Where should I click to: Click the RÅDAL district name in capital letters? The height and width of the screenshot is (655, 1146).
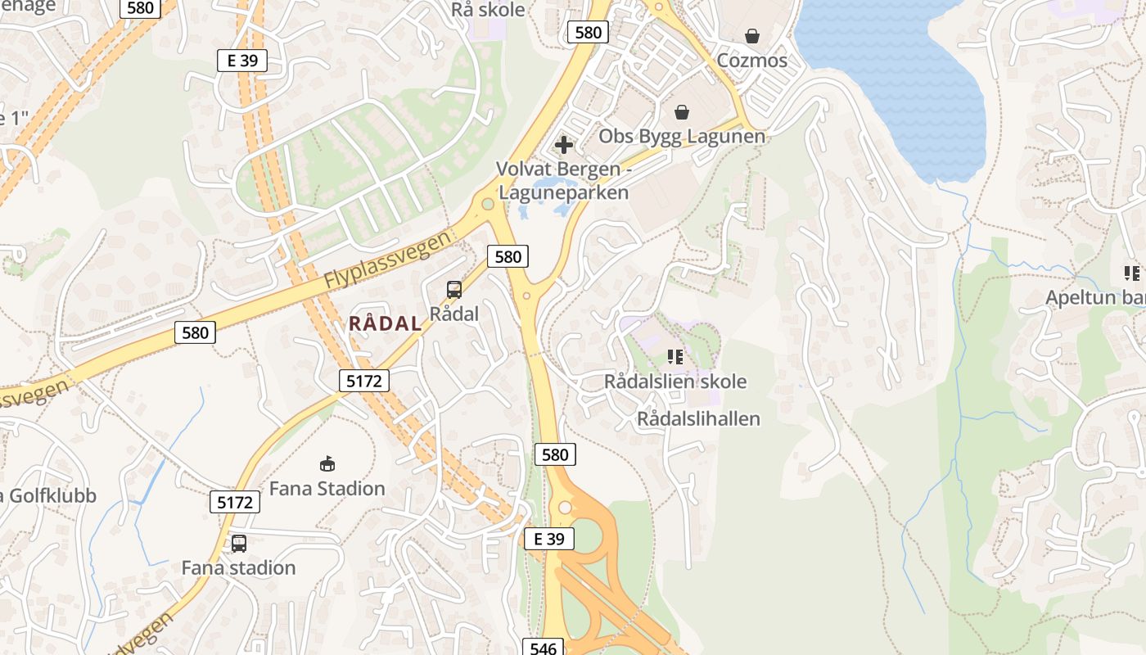(x=386, y=323)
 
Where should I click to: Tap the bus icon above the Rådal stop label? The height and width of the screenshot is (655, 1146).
(x=453, y=290)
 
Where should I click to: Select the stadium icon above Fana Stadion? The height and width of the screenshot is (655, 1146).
(x=327, y=464)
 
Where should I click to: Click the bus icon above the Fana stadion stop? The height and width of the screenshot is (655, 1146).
(x=238, y=543)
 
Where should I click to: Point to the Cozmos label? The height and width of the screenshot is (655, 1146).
(x=751, y=61)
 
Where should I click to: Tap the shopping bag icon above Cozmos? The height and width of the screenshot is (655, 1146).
(x=751, y=36)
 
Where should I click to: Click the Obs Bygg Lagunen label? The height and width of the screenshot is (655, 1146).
(x=682, y=136)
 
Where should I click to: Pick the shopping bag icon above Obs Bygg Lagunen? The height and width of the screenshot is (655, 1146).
(x=681, y=112)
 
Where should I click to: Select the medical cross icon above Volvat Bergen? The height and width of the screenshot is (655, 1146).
(x=563, y=145)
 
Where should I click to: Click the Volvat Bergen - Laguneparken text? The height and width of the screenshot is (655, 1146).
(x=563, y=181)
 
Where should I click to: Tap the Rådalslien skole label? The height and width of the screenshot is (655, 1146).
(x=675, y=382)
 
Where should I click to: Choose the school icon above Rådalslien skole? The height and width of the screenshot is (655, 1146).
(x=675, y=356)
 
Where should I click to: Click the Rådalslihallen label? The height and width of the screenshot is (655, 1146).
(x=698, y=419)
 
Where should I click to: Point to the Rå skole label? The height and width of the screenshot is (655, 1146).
(x=488, y=10)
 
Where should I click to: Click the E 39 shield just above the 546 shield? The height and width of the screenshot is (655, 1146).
(x=548, y=539)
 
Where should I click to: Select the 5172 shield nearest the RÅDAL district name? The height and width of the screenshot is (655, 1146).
(x=363, y=380)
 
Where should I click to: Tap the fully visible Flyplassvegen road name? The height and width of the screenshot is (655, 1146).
(x=387, y=259)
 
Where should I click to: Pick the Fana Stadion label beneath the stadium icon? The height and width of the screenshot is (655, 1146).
(x=327, y=489)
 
